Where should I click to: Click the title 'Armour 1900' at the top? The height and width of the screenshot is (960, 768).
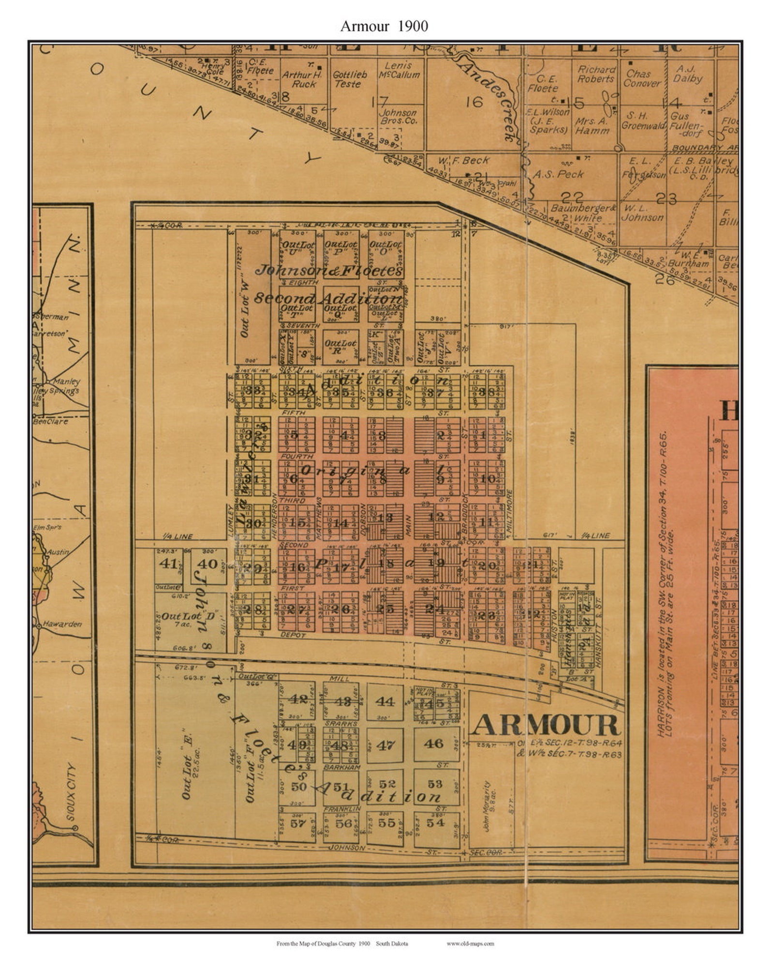coord(384,26)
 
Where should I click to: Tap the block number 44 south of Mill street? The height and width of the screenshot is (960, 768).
coord(385,701)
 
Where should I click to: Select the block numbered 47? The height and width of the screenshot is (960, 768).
coord(385,745)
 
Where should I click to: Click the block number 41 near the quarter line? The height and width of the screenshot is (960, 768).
coord(168,564)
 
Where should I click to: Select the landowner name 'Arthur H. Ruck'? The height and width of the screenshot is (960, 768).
coord(302,79)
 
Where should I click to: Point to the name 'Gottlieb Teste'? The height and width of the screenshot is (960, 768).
coord(349,79)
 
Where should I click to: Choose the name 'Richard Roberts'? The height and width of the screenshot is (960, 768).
coord(596,74)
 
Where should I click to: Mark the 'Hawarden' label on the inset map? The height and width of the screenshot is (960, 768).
coord(62,624)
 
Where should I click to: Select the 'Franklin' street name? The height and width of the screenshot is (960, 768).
coord(342,809)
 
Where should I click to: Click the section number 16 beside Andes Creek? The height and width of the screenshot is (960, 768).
coord(474,102)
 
